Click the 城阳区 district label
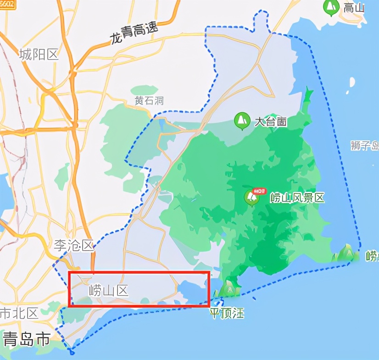(x=39, y=55)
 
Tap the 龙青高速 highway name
(x=134, y=34)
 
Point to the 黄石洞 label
(x=149, y=101)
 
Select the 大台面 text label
(x=271, y=122)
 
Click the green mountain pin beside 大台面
(x=242, y=121)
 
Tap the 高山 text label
(x=354, y=7)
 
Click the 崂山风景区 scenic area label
(x=297, y=198)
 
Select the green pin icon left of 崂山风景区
(x=251, y=198)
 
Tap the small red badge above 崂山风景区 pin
(x=260, y=191)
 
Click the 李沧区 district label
(x=74, y=246)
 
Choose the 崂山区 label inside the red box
(x=108, y=290)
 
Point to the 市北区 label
(x=19, y=314)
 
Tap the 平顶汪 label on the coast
(x=227, y=314)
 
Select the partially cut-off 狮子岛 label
(x=364, y=146)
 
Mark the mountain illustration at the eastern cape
(x=347, y=253)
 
